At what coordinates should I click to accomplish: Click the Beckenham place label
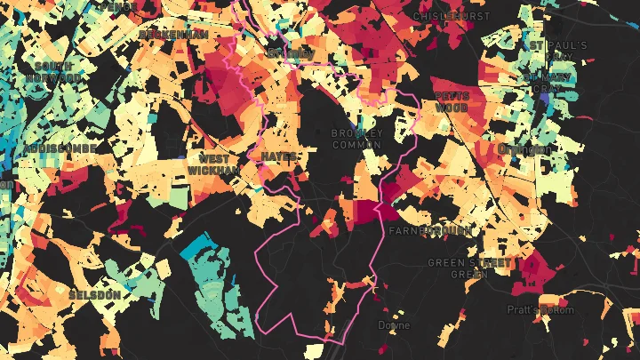173,34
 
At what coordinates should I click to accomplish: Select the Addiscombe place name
54,148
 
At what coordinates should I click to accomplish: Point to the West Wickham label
213,164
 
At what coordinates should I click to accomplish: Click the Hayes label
279,156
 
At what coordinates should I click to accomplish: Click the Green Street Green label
470,268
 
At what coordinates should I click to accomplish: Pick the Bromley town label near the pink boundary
290,52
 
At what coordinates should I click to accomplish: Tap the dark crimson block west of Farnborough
367,211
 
